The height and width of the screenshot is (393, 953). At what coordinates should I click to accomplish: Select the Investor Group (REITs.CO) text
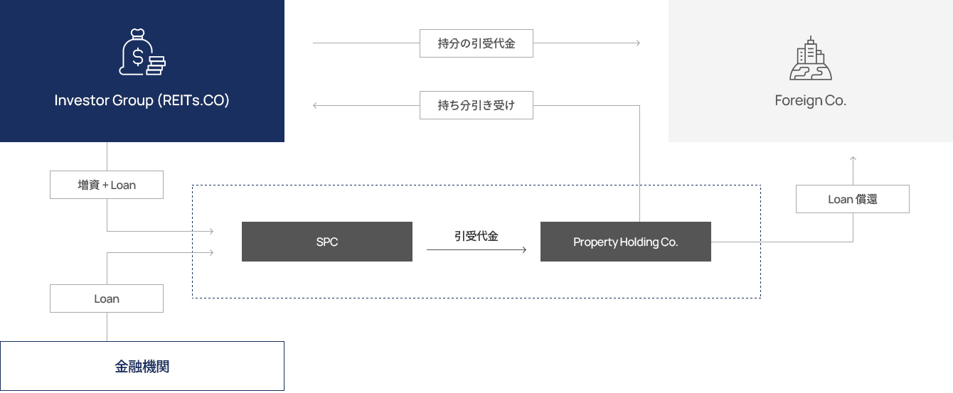click(142, 100)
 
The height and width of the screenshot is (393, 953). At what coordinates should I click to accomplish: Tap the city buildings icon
click(811, 58)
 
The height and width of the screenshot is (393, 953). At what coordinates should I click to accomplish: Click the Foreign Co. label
click(811, 100)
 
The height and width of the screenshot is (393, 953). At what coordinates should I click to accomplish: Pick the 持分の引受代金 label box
click(476, 43)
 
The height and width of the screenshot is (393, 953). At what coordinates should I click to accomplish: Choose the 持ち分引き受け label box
click(476, 106)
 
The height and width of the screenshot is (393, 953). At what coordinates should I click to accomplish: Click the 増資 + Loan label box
click(107, 185)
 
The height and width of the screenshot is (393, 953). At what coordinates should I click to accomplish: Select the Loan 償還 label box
click(853, 199)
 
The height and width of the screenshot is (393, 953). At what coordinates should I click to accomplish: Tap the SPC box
click(327, 242)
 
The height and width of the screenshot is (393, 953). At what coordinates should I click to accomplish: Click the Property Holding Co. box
click(626, 242)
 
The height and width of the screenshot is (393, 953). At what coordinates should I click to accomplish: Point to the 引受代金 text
click(476, 236)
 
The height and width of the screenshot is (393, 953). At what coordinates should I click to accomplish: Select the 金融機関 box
click(142, 367)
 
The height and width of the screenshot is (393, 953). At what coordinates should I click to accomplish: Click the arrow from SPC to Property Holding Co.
click(476, 249)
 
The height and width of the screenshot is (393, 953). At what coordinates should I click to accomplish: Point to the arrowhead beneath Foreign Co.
click(853, 158)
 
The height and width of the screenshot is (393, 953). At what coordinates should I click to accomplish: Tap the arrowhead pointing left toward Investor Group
click(316, 106)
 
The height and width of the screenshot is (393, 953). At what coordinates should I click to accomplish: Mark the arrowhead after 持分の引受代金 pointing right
click(637, 43)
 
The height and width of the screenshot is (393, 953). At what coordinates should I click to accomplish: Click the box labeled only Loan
click(107, 298)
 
